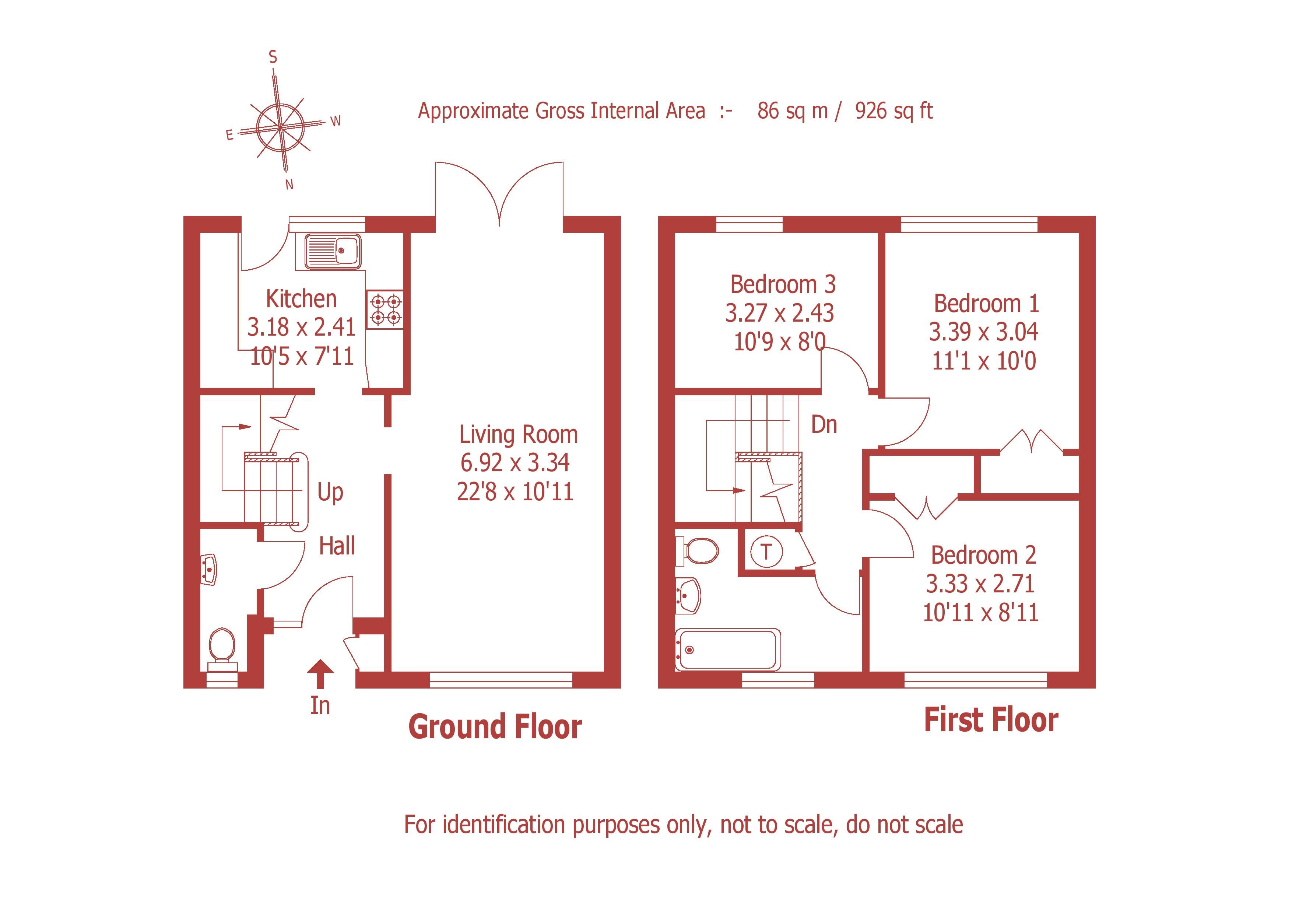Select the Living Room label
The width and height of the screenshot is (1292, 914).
coord(518,434)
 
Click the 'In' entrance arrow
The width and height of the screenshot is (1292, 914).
coord(320,674)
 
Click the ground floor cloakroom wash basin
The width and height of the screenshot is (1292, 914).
coord(209,569)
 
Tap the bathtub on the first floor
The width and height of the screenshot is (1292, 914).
coord(728,650)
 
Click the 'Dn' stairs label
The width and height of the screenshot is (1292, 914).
coord(824,424)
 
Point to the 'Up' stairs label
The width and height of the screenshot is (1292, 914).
coord(330,492)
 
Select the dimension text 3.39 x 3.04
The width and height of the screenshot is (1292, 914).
coord(983,332)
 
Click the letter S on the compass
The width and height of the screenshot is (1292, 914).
coord(273,57)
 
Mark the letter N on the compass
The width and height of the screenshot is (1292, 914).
coord(289,184)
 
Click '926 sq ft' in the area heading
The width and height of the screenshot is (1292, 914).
coord(893,111)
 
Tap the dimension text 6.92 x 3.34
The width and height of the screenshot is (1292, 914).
coord(515,463)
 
